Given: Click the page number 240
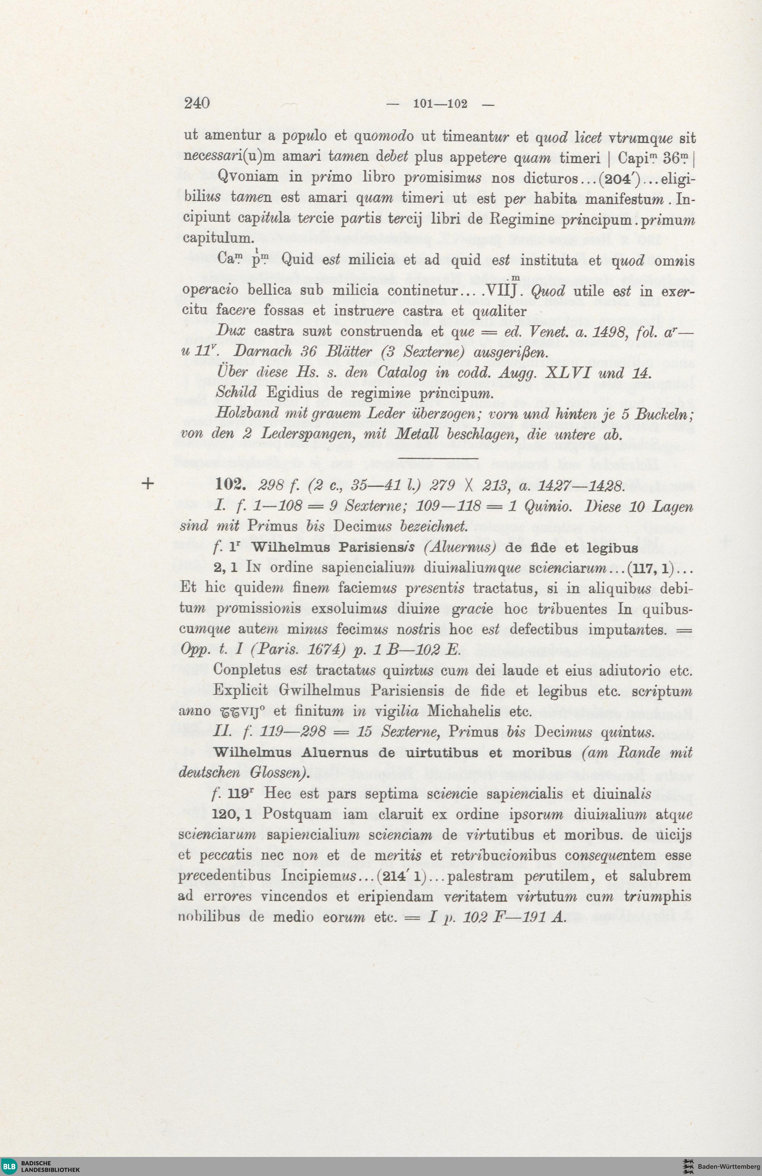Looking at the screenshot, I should click(197, 103).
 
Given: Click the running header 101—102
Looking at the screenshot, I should click(440, 104).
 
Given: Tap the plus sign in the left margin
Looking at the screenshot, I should click(147, 484).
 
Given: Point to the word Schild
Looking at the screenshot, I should click(236, 392).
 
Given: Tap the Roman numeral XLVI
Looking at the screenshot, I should click(563, 373).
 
